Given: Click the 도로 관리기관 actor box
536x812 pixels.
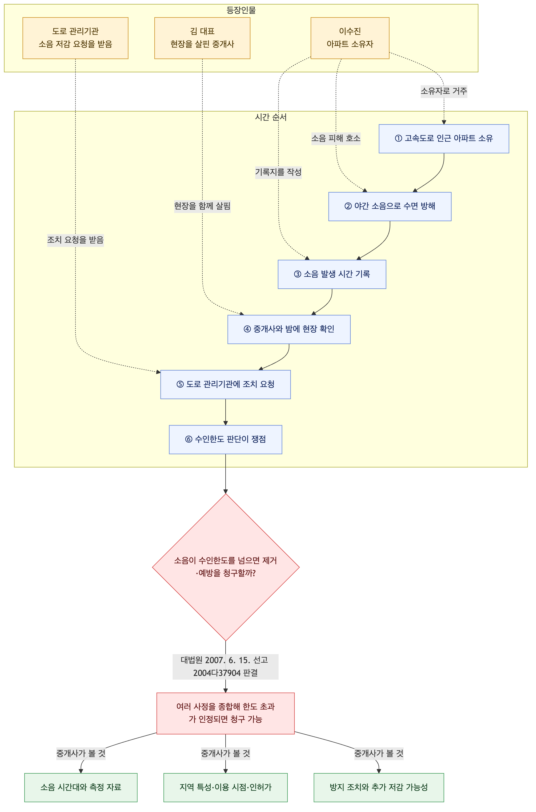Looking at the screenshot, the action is (x=75, y=38).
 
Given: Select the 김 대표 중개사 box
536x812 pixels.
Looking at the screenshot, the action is (x=202, y=38).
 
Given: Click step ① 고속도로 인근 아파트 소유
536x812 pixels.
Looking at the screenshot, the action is (x=444, y=138).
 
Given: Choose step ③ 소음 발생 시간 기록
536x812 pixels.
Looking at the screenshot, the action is (x=332, y=274).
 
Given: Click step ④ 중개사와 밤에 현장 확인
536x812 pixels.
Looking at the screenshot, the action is (x=289, y=329).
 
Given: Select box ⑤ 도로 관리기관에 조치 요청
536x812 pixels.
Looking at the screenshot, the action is (x=226, y=384).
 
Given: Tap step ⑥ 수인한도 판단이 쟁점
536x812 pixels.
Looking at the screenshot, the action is (x=226, y=439).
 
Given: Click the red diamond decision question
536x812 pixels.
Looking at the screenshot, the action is (x=226, y=567).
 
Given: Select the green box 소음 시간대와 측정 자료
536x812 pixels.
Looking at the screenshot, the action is (x=81, y=787).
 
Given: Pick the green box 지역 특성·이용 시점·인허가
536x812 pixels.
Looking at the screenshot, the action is (x=226, y=787).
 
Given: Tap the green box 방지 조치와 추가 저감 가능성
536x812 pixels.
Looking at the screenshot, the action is (x=379, y=787).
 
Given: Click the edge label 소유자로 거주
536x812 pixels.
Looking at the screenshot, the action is (x=444, y=91).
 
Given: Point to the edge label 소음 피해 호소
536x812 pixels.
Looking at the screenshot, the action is (x=336, y=138).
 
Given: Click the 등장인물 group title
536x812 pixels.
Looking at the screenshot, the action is (x=241, y=10).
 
